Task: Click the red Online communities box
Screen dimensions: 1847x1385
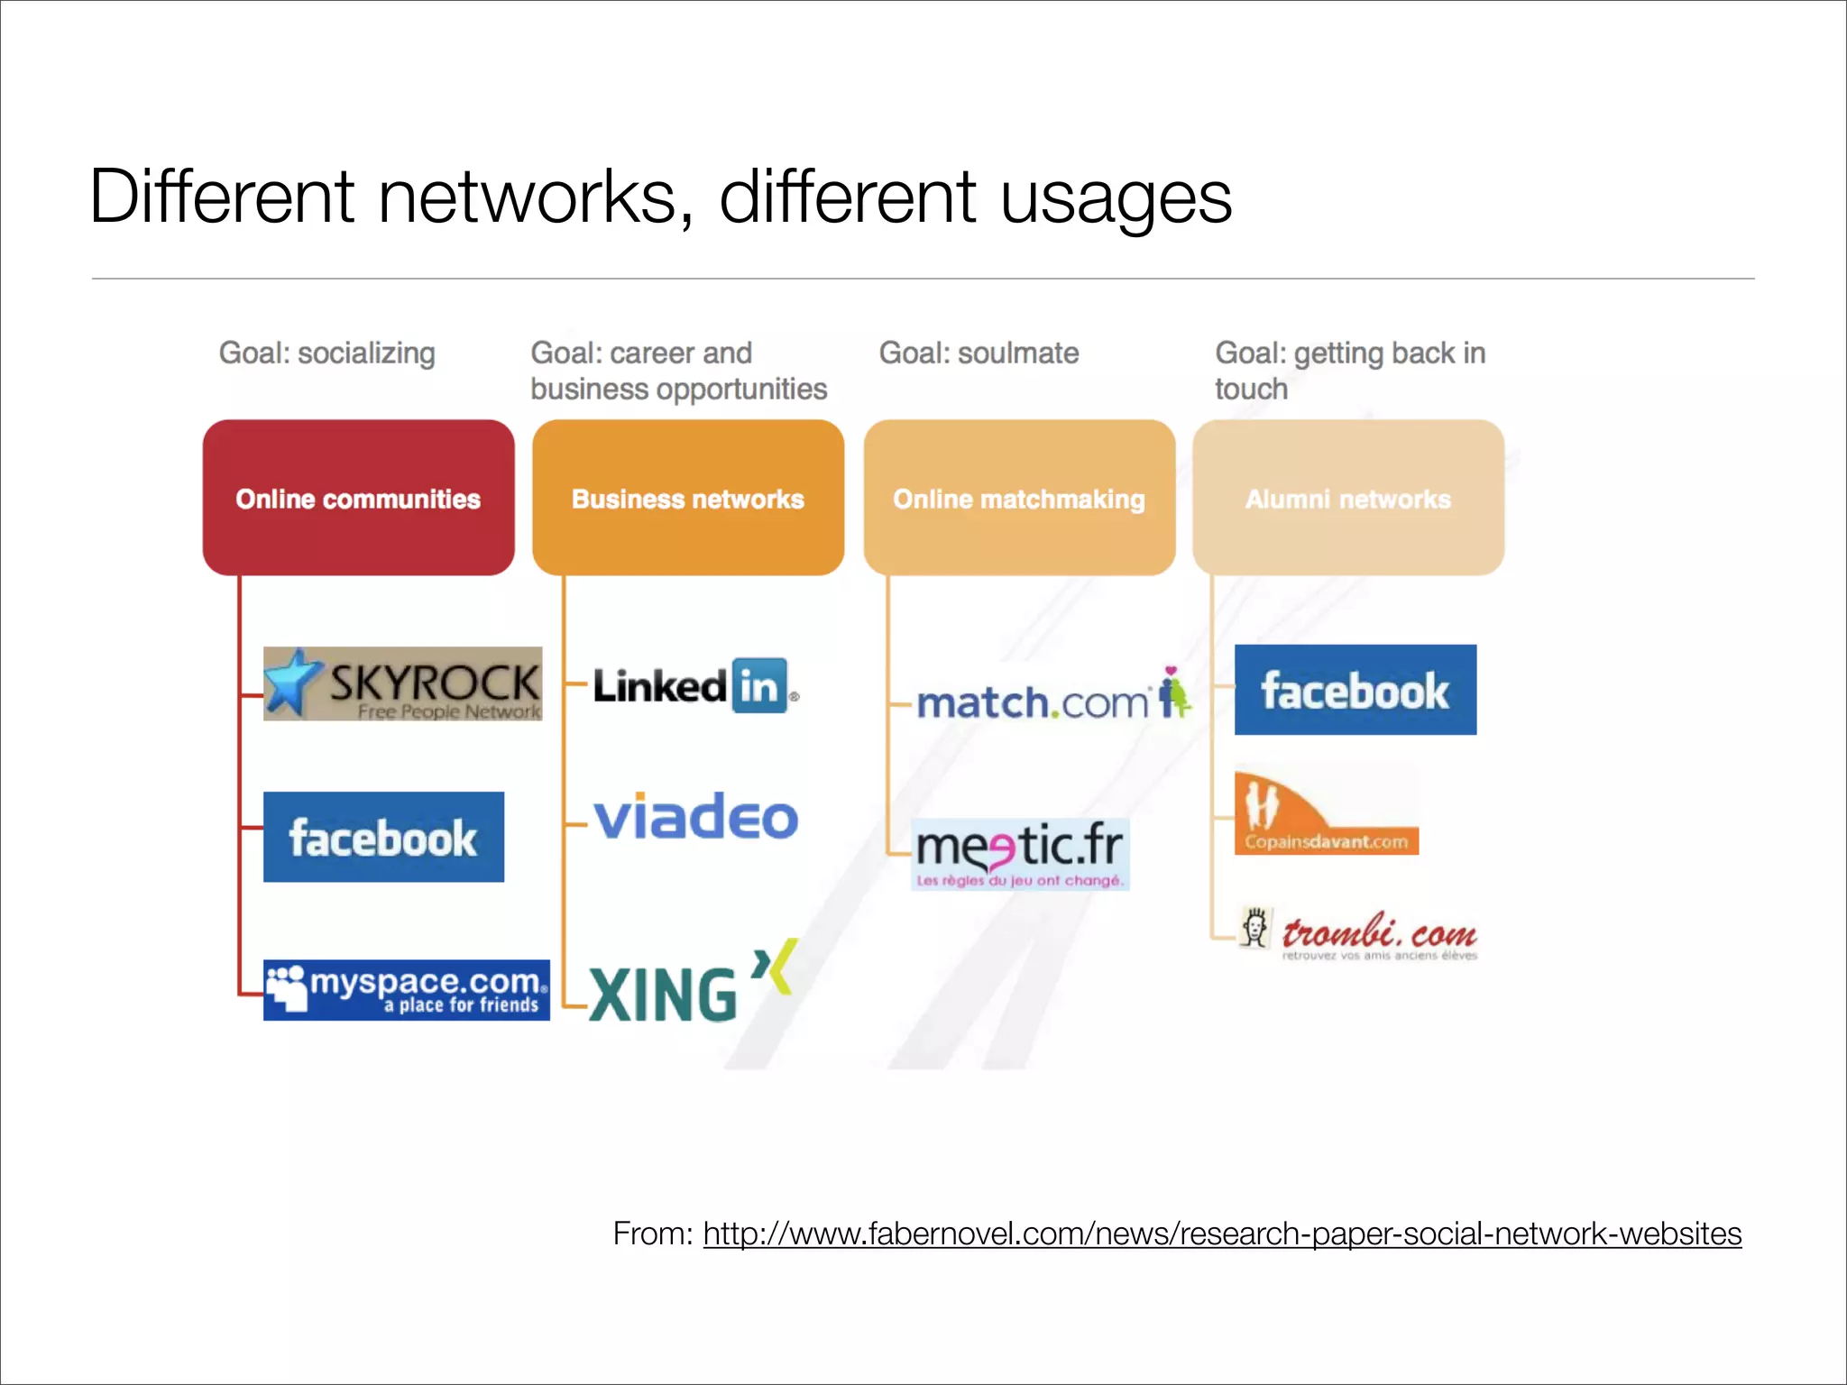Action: (358, 498)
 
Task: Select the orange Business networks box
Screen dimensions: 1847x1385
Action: (687, 498)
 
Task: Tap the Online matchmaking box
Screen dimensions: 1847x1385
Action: (1019, 498)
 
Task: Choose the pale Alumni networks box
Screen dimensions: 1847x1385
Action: (1348, 498)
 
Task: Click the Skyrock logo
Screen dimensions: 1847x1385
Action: (403, 683)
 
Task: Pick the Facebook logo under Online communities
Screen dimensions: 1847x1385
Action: (383, 837)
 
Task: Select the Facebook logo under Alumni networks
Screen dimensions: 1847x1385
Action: (1355, 690)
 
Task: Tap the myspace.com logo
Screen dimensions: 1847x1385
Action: (406, 990)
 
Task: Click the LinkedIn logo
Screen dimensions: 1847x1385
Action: (694, 686)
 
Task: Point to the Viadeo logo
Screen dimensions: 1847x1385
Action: (695, 817)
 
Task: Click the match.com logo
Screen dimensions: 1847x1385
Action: (1052, 699)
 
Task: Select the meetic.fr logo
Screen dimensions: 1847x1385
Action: (1020, 853)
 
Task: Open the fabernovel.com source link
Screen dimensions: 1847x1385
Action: (1221, 1234)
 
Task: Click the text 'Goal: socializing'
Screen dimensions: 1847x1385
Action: (326, 353)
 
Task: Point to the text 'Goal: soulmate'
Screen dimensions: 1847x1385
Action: (979, 353)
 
